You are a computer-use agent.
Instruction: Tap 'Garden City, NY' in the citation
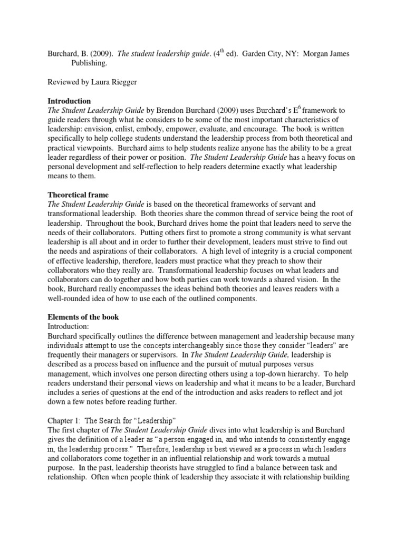(x=265, y=53)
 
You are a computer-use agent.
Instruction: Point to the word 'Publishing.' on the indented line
(x=89, y=63)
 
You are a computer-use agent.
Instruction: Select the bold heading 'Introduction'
(x=69, y=101)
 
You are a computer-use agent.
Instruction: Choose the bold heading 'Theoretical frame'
(x=78, y=195)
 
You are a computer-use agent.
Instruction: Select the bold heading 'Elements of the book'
(x=83, y=317)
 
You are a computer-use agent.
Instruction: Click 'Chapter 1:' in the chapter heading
(x=64, y=420)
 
